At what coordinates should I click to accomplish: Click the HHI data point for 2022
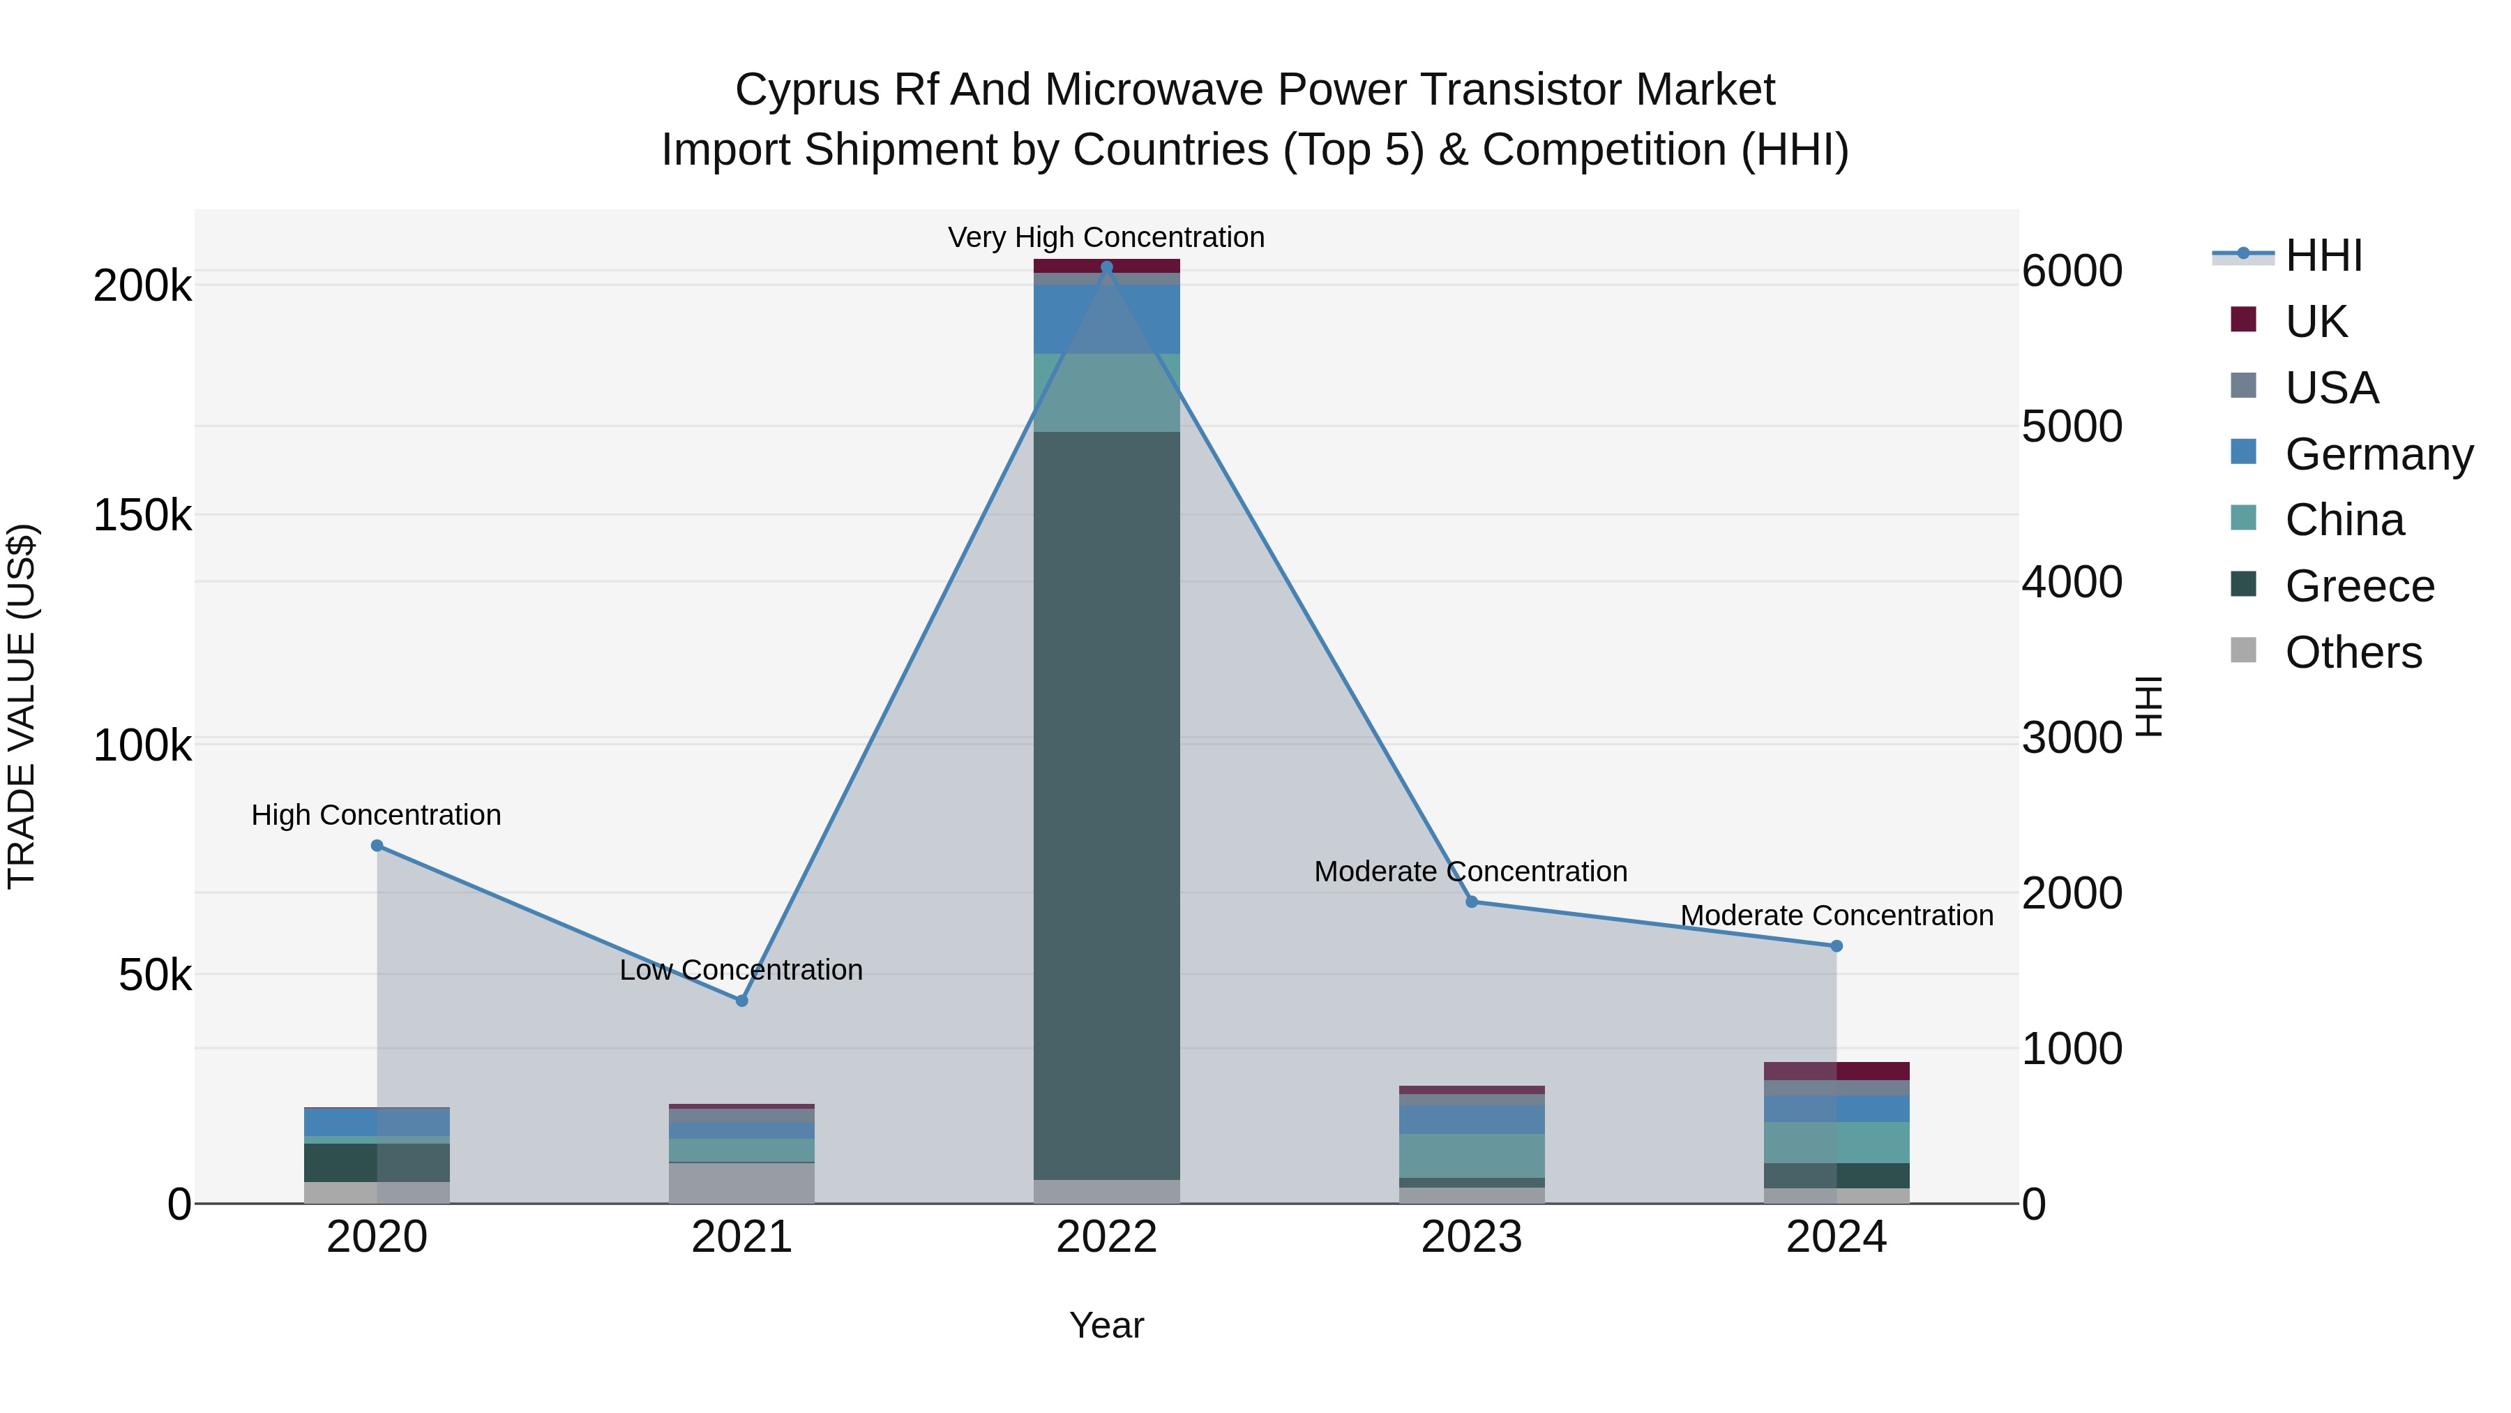click(1106, 267)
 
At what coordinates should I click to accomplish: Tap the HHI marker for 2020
click(377, 846)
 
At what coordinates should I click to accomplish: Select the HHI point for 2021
click(742, 1001)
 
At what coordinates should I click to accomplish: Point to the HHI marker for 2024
click(1837, 946)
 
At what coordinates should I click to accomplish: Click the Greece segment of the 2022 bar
click(1106, 805)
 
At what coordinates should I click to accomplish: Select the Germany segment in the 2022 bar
click(1106, 319)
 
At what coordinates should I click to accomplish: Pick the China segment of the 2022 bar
click(1106, 392)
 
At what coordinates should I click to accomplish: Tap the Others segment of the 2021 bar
click(742, 1183)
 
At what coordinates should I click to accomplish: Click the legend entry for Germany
click(2378, 454)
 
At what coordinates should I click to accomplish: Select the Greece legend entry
click(2358, 586)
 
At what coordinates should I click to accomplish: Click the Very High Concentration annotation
click(1106, 237)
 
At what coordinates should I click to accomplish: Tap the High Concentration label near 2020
click(376, 814)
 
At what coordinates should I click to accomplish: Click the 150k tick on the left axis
click(142, 515)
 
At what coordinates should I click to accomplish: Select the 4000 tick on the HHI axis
click(2072, 582)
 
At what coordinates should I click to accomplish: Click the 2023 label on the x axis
click(1471, 1237)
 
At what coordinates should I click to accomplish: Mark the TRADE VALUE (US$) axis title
click(22, 706)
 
